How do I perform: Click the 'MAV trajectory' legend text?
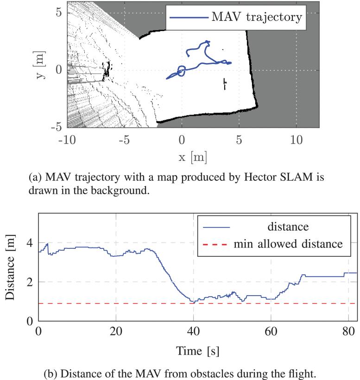pos(256,18)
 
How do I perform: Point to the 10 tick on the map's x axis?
pos(296,139)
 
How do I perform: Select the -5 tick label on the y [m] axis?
pos(56,127)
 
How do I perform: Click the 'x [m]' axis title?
pos(193,157)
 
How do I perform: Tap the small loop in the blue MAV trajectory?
pos(181,71)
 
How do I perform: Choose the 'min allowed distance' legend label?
pos(289,243)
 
